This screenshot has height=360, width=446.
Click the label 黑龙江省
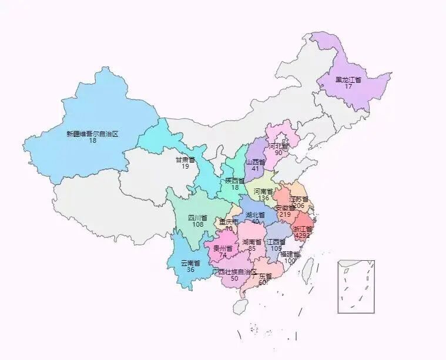(x=348, y=79)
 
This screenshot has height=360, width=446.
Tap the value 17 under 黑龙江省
(x=348, y=86)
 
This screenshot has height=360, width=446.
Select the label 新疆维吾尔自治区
(x=92, y=134)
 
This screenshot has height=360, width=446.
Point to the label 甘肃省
(x=185, y=159)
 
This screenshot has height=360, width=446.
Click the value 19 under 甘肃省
(x=185, y=166)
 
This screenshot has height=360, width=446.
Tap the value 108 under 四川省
(x=197, y=225)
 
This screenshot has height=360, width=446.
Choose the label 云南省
(x=190, y=263)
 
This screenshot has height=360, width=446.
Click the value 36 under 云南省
(x=190, y=270)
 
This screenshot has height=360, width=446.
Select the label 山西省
(x=256, y=162)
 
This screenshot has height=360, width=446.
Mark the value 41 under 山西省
(x=256, y=169)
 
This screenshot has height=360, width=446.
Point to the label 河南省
(x=263, y=191)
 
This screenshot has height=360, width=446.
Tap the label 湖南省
(x=251, y=242)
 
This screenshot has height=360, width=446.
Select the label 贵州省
(x=223, y=248)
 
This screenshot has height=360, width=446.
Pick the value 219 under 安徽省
(x=285, y=214)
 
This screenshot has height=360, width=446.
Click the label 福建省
(x=290, y=254)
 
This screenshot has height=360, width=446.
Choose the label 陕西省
(x=234, y=180)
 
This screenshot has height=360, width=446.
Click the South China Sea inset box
(x=356, y=286)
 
